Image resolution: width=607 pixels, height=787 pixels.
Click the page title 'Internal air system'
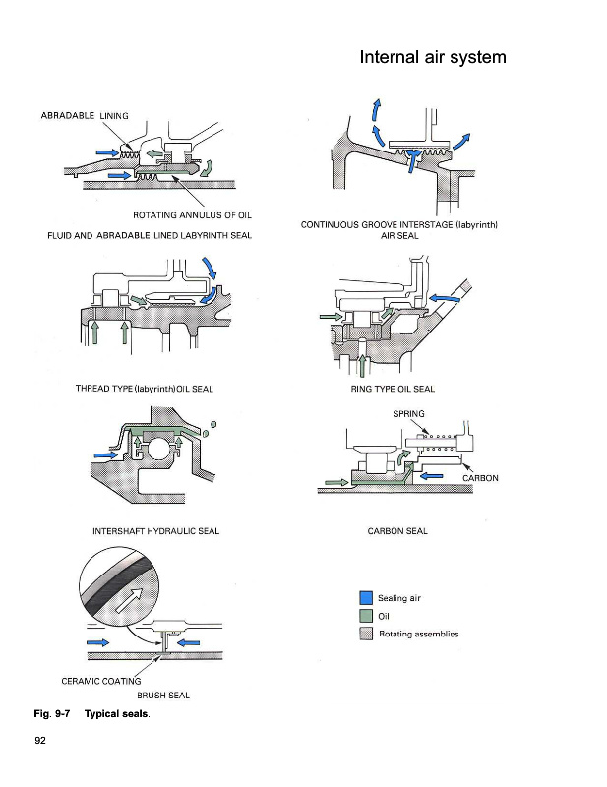[x=433, y=57]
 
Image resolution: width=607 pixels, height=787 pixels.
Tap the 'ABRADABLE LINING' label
[x=86, y=115]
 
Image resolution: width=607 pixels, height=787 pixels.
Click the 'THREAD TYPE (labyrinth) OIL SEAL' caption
[x=145, y=389]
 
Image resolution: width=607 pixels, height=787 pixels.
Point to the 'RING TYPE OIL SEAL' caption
[x=393, y=389]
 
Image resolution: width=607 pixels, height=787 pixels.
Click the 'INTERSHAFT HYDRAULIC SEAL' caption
[x=155, y=531]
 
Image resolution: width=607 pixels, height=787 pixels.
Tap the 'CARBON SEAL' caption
[x=397, y=531]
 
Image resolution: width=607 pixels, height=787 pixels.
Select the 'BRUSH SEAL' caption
[x=163, y=696]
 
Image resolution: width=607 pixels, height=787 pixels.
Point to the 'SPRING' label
[x=408, y=414]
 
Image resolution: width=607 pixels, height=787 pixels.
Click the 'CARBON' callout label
[x=481, y=478]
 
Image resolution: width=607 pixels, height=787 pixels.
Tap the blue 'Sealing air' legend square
[x=365, y=597]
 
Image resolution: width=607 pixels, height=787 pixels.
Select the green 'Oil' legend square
[x=365, y=616]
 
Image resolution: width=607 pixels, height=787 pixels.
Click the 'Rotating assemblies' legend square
[x=365, y=634]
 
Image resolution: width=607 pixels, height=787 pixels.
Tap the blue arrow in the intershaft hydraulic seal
[x=105, y=454]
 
